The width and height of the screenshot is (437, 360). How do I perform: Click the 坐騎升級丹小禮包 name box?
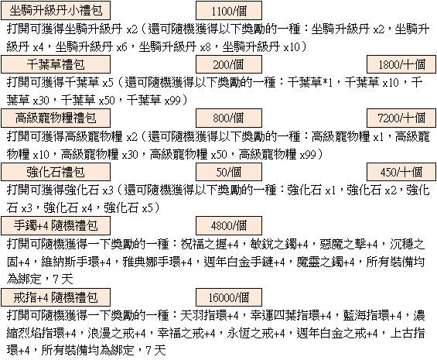(56, 11)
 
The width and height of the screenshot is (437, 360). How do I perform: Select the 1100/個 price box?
(229, 11)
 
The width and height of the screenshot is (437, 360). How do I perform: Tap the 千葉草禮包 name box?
(56, 64)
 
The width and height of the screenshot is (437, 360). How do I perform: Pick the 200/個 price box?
(229, 64)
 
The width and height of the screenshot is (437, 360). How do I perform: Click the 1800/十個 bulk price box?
(401, 64)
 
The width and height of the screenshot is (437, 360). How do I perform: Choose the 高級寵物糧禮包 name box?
(56, 118)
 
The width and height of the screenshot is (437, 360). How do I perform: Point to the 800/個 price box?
(229, 118)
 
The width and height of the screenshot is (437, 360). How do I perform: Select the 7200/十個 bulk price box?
(401, 118)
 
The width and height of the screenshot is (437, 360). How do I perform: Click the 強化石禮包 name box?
(56, 172)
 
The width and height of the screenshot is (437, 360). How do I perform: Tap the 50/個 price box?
(229, 172)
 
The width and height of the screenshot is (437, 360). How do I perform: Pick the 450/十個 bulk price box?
(401, 172)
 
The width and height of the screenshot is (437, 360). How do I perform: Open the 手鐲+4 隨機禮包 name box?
(56, 225)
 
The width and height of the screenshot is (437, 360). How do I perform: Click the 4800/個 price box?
(229, 225)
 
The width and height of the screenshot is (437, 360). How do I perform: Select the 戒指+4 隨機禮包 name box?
(56, 297)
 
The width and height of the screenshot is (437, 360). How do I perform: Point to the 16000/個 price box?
(229, 297)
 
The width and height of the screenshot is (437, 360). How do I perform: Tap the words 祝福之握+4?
(210, 244)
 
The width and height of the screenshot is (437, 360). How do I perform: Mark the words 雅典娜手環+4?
(157, 262)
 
